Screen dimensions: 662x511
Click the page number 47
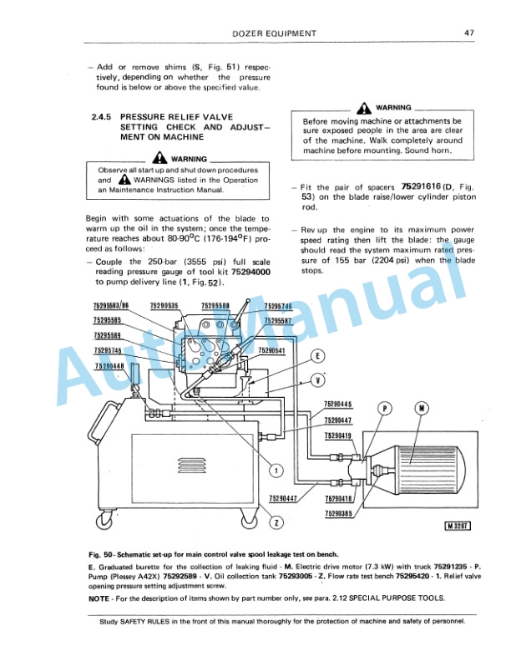click(x=469, y=33)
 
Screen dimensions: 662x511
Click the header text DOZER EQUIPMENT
click(x=272, y=33)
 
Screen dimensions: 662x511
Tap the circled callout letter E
click(x=317, y=356)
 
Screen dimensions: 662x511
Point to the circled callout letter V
click(x=317, y=381)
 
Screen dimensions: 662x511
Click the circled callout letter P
click(x=385, y=409)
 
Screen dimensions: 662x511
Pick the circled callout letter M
click(x=421, y=409)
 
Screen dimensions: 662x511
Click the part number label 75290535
click(x=164, y=306)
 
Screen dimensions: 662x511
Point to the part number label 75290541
click(x=272, y=350)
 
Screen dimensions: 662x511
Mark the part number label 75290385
click(x=338, y=512)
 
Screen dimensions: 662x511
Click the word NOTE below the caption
click(x=101, y=599)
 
